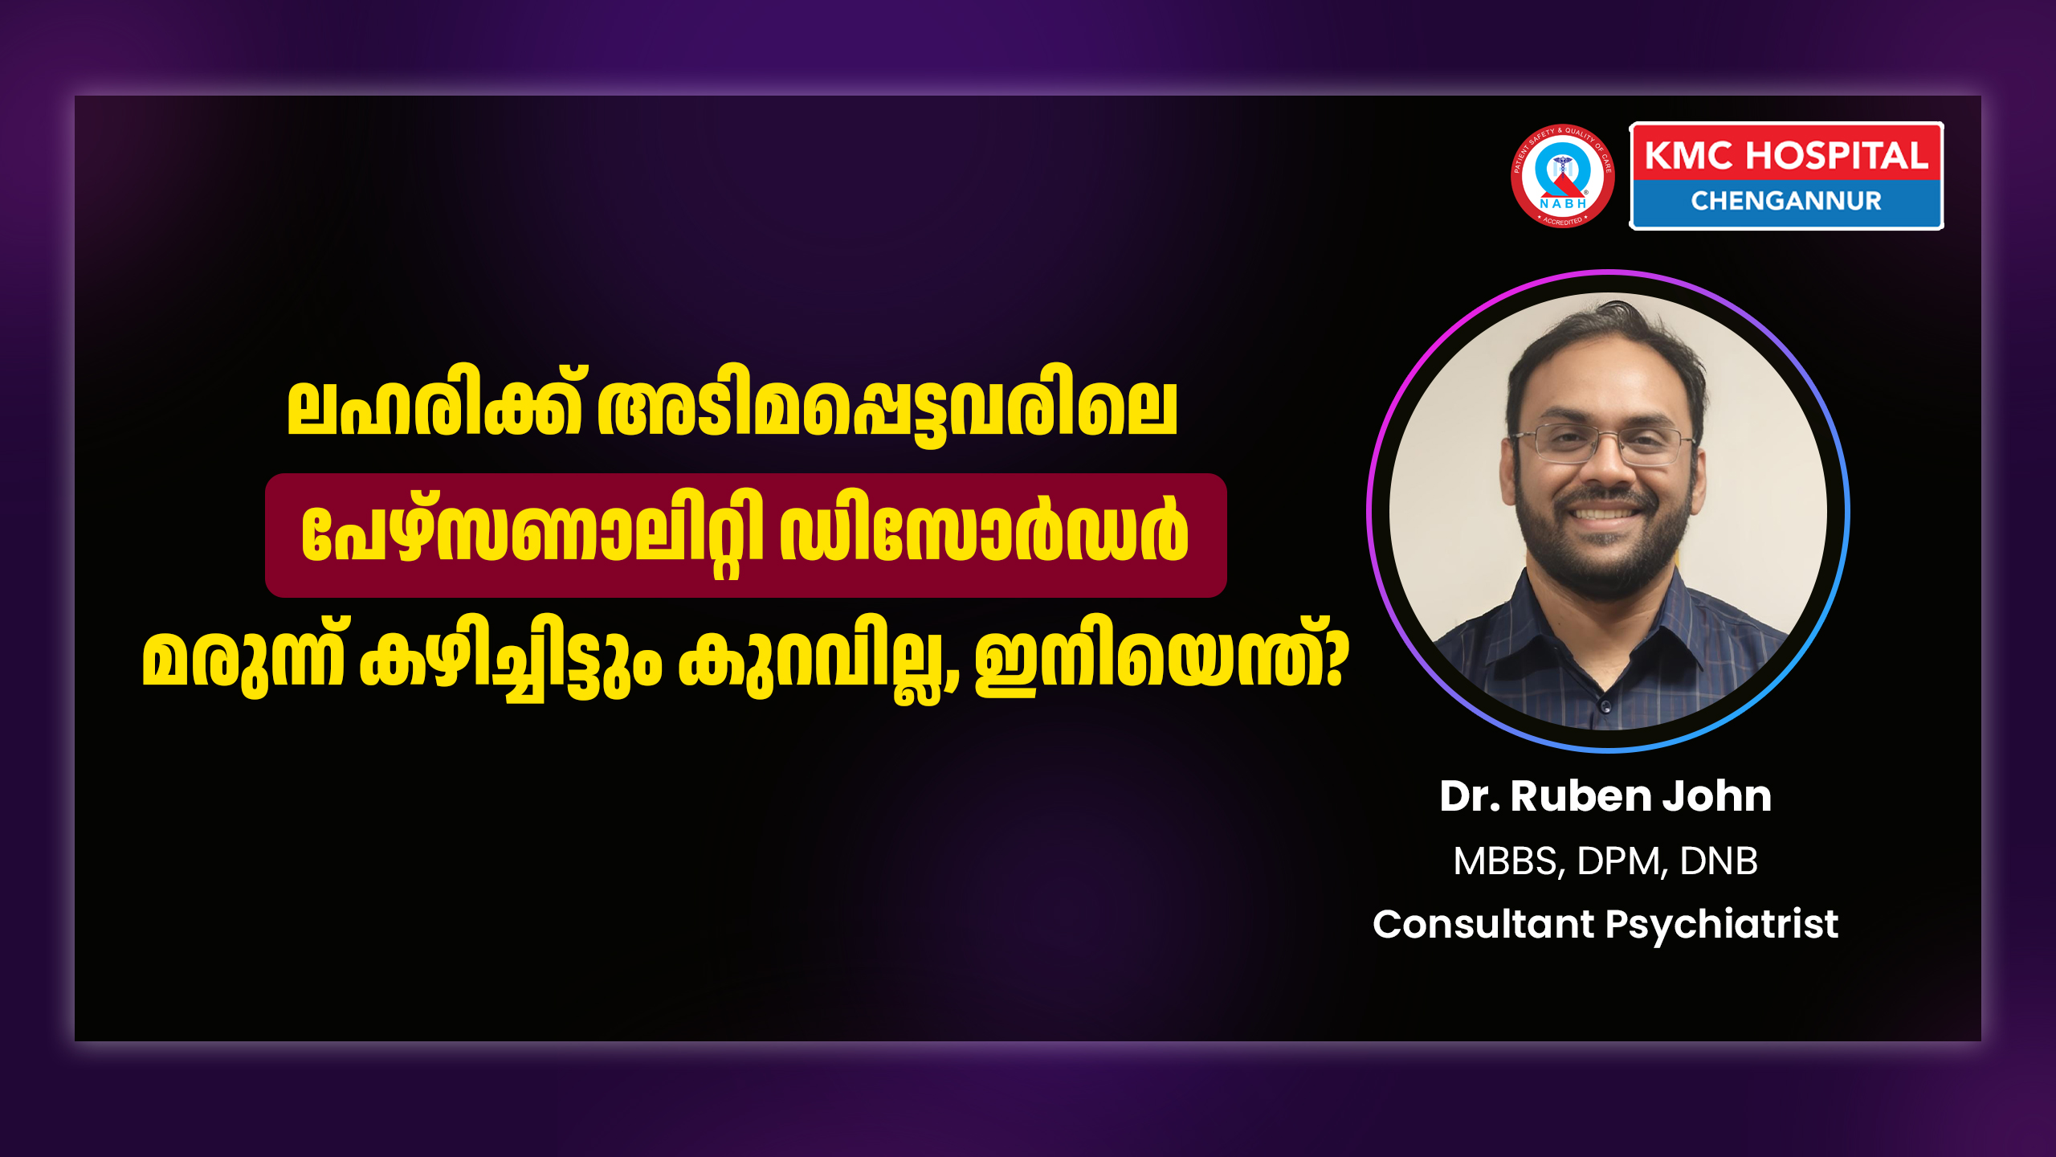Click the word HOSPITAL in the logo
click(x=1837, y=156)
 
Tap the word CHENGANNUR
click(x=1786, y=201)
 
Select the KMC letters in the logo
click(x=1689, y=156)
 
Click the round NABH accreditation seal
click(x=1562, y=175)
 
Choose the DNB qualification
click(x=1719, y=861)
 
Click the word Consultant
click(x=1483, y=924)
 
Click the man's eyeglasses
click(x=1604, y=444)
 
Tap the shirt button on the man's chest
click(x=1605, y=707)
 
